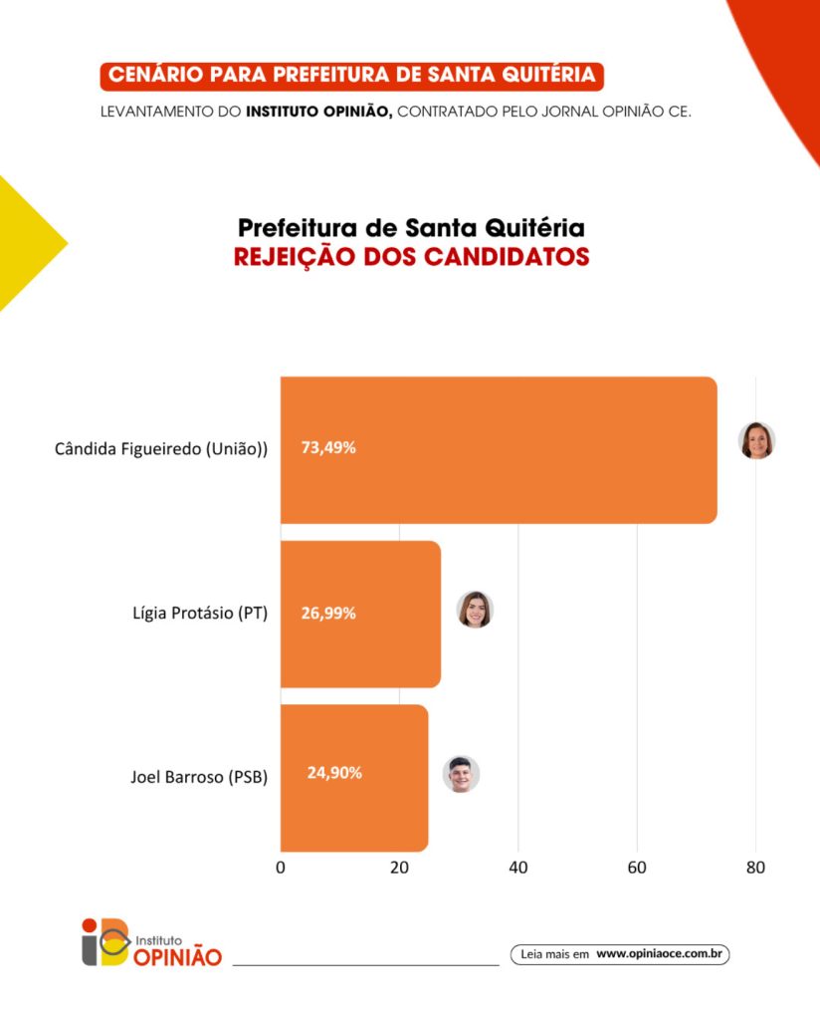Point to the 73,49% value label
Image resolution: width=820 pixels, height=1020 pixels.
pos(328,448)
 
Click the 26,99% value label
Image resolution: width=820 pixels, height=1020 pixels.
pos(328,613)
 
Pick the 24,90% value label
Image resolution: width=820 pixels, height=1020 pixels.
pos(334,773)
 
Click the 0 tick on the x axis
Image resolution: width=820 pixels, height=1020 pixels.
pos(281,868)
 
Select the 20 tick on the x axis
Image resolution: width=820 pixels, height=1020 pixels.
pos(399,868)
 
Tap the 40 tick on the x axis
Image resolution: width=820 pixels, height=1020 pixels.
pos(517,868)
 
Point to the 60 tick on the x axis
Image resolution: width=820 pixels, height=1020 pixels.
pos(637,868)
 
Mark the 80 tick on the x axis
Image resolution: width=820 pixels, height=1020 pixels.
pos(755,868)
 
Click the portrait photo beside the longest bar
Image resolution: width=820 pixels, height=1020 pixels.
pos(756,440)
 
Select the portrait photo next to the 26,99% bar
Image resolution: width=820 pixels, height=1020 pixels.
pos(475,610)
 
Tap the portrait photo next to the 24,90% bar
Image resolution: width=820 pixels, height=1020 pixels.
pos(461,774)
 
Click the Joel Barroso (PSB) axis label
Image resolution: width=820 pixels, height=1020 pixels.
pos(199,776)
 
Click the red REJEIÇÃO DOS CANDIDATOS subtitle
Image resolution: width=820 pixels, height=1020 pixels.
pos(411,257)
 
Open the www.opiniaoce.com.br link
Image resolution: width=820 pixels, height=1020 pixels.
pos(658,953)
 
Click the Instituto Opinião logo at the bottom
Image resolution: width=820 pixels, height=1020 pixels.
pos(151,941)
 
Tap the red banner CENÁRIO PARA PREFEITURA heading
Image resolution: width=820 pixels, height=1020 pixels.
pos(351,76)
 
